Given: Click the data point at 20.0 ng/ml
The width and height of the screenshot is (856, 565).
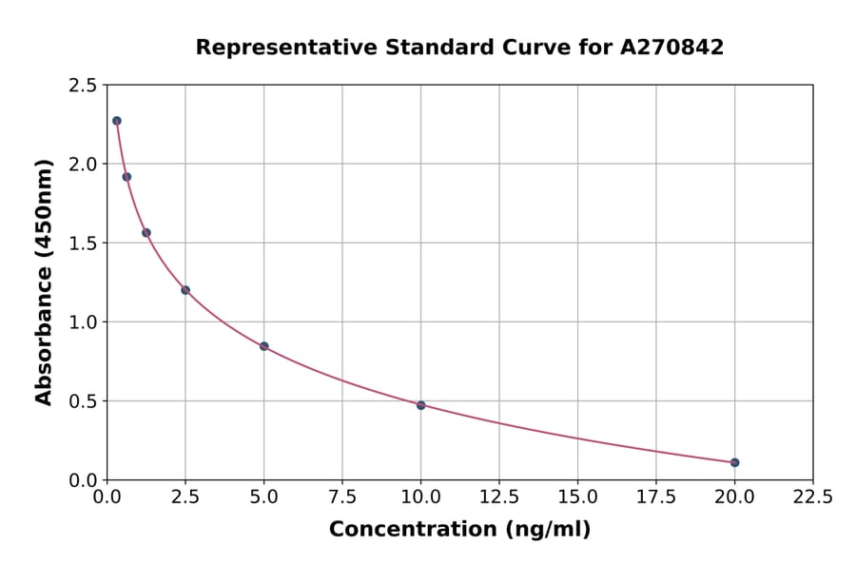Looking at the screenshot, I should (x=734, y=462).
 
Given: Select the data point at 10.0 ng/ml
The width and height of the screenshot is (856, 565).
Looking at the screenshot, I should (x=420, y=405).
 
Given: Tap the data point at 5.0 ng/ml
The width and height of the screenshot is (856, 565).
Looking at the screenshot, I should (x=263, y=346).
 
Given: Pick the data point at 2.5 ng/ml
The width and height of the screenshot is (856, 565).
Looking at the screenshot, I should (x=185, y=290).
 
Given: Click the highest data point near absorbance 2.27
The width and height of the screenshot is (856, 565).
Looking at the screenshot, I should (x=117, y=121).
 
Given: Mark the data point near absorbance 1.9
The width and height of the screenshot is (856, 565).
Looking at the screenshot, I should (x=126, y=177).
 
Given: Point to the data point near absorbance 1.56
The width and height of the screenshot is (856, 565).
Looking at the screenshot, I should (x=146, y=233).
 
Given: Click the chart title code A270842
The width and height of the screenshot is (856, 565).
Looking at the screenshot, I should (x=671, y=48).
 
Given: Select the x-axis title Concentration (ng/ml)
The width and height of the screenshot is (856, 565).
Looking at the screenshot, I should (x=459, y=530).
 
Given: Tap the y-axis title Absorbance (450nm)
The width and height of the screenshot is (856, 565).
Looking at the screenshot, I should (x=44, y=282).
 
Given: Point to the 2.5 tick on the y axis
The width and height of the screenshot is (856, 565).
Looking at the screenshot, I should (x=82, y=86).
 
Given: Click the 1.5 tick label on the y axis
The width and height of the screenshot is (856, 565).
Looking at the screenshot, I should (x=82, y=244).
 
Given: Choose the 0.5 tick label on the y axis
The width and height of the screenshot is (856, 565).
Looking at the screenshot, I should (x=82, y=401).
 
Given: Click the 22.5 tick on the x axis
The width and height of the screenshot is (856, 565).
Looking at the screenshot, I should (x=812, y=497).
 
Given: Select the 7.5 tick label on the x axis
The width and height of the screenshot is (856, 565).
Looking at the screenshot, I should (x=342, y=497).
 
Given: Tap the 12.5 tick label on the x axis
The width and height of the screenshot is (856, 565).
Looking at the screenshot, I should (x=499, y=497).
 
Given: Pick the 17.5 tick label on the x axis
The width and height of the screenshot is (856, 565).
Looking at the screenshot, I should (x=655, y=497).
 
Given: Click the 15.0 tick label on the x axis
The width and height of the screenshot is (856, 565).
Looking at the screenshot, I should (x=577, y=497).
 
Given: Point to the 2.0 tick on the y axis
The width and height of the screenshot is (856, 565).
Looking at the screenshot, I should (x=82, y=165).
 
